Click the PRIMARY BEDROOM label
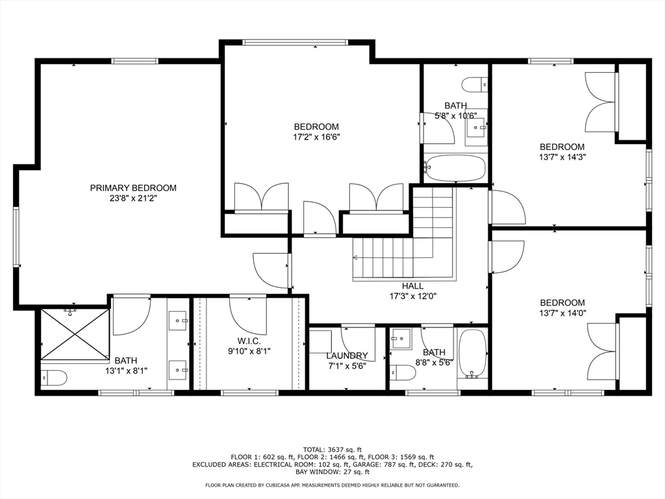133,188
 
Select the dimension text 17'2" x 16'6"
316,137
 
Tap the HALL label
412,286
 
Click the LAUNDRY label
347,355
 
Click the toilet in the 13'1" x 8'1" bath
54,377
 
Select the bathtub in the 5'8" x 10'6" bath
455,168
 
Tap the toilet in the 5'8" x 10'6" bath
475,84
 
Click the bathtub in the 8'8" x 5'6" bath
473,353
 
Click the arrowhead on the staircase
356,257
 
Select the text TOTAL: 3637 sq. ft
332,450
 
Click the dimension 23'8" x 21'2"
133,198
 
